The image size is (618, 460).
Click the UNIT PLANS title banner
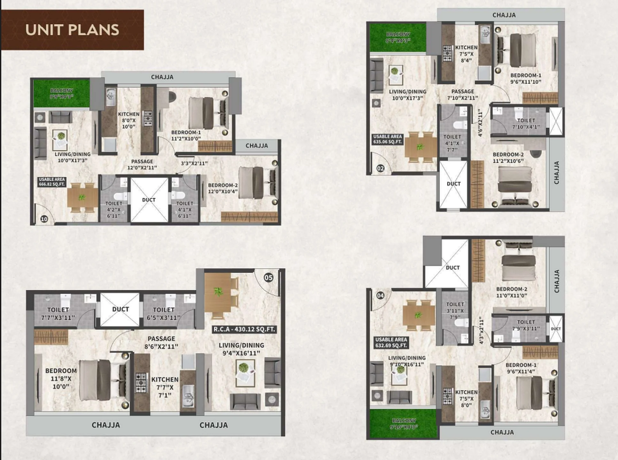[x=72, y=30]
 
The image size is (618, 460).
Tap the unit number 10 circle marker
[x=44, y=219]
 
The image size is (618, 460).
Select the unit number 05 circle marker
[x=268, y=277]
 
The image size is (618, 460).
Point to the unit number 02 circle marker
[x=380, y=168]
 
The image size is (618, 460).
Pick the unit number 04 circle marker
[x=380, y=295]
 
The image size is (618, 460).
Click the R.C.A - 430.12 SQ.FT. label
[x=244, y=329]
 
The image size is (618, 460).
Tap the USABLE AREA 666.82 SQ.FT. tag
[x=52, y=182]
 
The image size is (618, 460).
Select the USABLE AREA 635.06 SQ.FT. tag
[x=387, y=139]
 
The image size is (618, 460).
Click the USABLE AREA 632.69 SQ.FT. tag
[x=391, y=342]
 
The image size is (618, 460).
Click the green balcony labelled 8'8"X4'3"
[x=62, y=93]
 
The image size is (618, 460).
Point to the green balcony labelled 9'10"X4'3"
[x=404, y=424]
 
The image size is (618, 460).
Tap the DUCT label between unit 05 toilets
[x=120, y=309]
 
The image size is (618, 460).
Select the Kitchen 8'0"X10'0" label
[x=128, y=120]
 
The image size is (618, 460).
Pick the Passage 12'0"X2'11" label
[x=142, y=165]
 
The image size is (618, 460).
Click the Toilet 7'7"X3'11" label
[x=58, y=314]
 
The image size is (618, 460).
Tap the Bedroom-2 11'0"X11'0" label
[x=511, y=292]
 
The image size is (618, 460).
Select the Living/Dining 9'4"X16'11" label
[x=241, y=349]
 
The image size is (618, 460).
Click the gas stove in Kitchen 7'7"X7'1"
[x=141, y=382]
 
